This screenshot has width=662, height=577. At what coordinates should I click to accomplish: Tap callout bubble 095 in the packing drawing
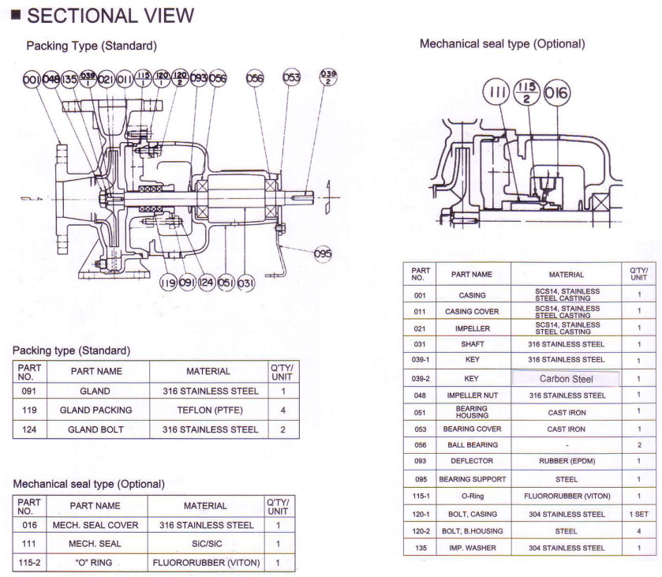322,253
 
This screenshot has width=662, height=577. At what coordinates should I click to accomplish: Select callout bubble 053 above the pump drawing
291,77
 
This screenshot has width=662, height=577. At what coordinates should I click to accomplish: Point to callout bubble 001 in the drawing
32,80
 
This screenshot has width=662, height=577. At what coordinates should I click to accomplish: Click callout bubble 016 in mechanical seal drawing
556,93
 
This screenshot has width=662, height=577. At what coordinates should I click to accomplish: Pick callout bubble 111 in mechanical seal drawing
496,93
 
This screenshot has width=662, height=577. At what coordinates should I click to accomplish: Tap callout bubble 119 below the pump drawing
168,282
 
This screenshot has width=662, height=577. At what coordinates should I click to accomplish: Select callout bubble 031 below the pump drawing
246,282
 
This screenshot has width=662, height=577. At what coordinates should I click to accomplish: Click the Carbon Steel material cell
566,379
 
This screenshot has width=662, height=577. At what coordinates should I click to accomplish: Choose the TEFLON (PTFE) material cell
208,410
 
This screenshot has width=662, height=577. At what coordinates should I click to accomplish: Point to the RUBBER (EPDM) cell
566,461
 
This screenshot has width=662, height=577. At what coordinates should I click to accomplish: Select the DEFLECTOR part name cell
471,461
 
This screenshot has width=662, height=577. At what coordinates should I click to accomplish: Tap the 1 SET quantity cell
638,514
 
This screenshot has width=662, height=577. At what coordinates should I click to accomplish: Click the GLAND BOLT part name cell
95,429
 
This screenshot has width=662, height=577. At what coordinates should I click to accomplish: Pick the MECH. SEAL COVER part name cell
95,525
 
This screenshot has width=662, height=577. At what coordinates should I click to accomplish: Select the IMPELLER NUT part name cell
471,395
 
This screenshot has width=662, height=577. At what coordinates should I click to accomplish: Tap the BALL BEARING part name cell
471,445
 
